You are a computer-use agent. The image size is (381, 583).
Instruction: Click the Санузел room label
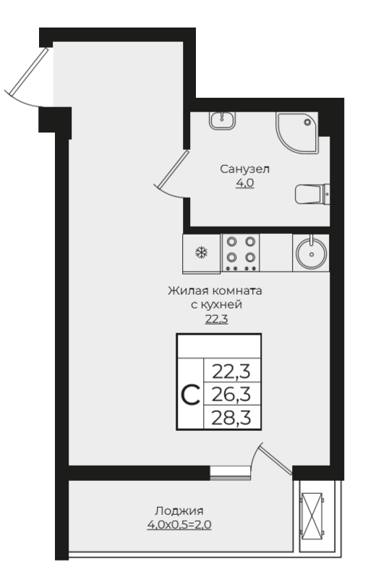(245, 169)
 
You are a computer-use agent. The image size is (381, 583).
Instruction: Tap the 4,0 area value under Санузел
(245, 183)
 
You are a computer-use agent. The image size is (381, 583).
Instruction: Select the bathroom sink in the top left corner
(222, 120)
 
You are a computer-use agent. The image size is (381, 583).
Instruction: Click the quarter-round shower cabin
(297, 133)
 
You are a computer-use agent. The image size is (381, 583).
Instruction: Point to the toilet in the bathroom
(312, 193)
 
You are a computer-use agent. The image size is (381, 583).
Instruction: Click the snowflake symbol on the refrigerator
(202, 253)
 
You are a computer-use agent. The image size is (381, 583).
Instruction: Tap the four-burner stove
(241, 253)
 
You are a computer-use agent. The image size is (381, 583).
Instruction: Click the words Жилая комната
(215, 290)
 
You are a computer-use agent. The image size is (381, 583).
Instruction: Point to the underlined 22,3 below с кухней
(217, 319)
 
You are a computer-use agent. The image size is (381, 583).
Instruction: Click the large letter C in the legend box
(191, 395)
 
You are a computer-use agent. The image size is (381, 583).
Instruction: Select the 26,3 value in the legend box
(231, 394)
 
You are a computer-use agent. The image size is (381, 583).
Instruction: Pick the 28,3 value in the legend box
(231, 417)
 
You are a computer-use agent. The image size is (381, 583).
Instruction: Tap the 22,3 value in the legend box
(231, 371)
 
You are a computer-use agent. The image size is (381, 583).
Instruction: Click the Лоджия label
(179, 511)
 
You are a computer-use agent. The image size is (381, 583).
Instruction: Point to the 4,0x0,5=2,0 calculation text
(179, 524)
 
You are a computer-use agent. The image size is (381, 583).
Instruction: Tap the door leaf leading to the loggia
(276, 461)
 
